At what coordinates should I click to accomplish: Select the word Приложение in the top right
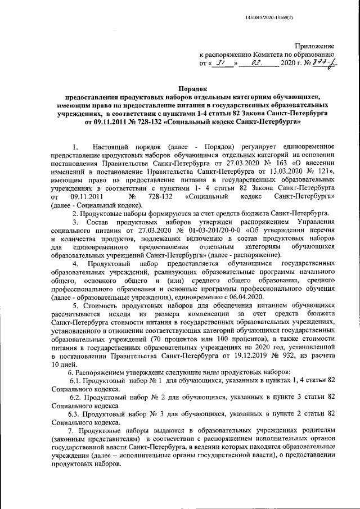point(316,45)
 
